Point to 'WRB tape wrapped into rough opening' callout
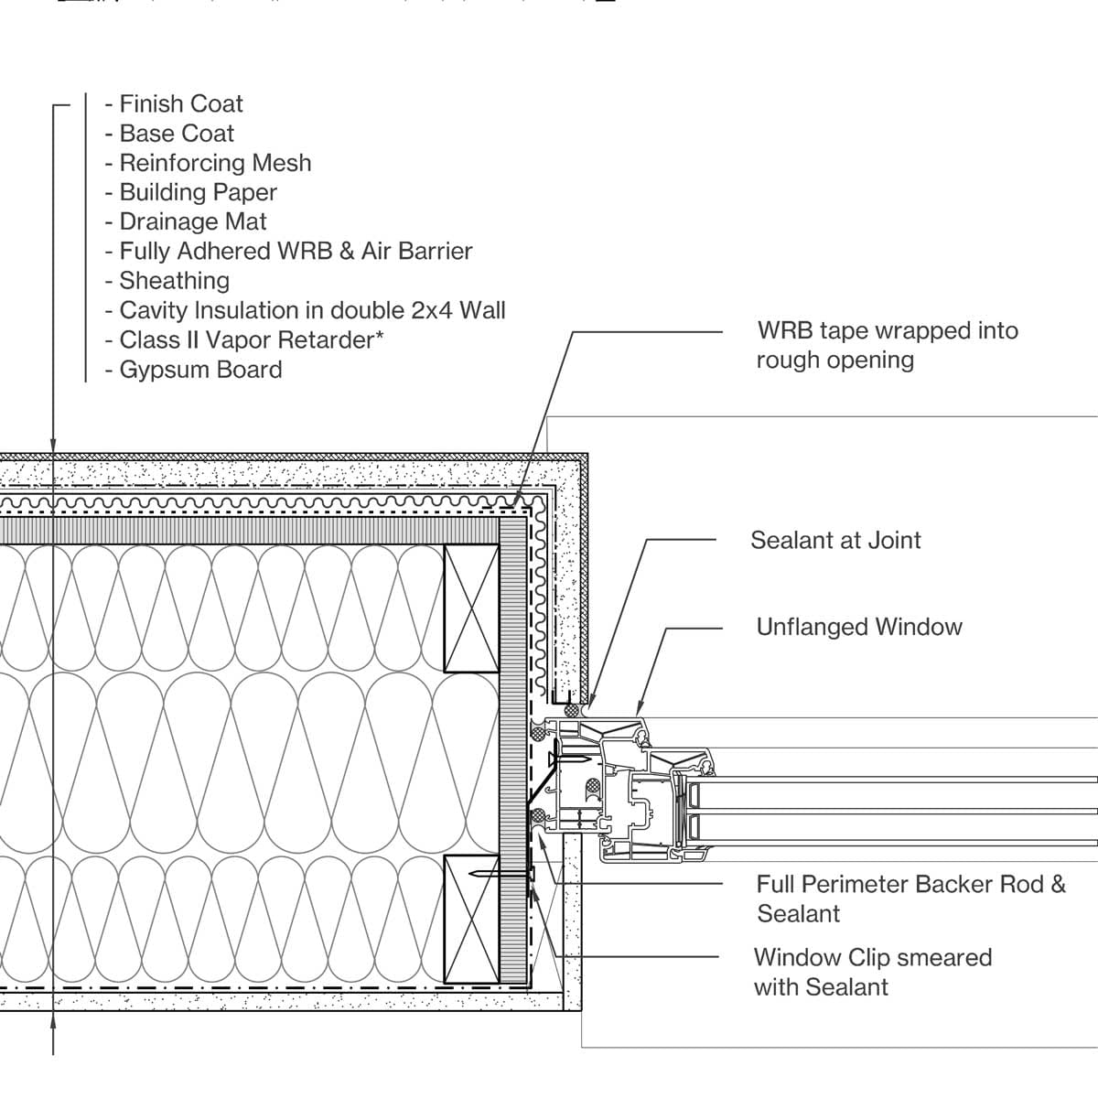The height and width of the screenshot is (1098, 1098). [x=886, y=345]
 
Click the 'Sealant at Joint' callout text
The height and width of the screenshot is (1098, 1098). [x=835, y=540]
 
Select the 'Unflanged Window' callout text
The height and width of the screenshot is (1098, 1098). [x=859, y=627]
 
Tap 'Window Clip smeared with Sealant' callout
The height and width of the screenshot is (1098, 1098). [x=872, y=972]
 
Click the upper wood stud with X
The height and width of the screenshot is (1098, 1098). [x=471, y=608]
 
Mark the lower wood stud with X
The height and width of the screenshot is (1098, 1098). [x=471, y=919]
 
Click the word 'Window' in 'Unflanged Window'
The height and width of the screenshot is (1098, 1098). [x=918, y=627]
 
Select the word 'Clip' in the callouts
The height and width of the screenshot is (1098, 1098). [x=868, y=958]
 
